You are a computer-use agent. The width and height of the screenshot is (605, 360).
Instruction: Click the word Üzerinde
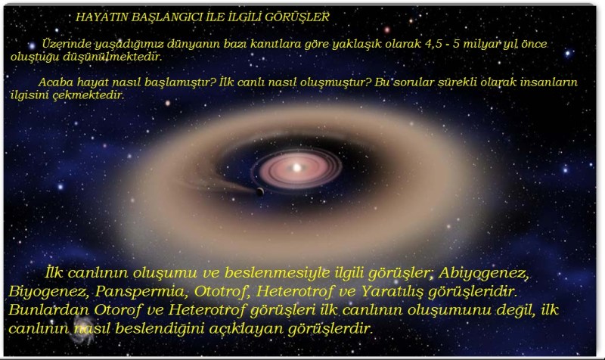pyautogui.click(x=67, y=45)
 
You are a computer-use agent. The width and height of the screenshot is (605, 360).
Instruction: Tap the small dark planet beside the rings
pyautogui.click(x=260, y=191)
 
